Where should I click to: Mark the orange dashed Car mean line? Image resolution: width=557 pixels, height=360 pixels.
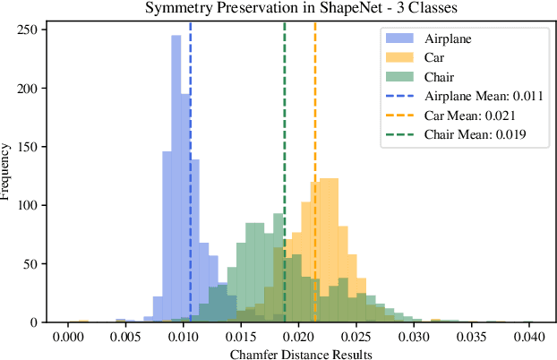[315, 107]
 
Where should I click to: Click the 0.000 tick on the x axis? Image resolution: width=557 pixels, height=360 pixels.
[68, 339]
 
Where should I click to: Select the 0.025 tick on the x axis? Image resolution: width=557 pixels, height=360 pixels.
[356, 339]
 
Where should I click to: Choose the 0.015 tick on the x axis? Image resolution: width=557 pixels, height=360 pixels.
[241, 339]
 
